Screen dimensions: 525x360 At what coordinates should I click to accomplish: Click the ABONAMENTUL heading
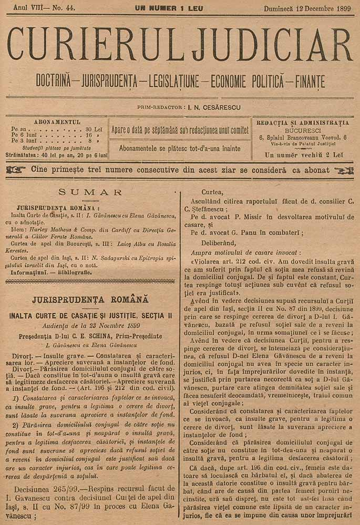57,122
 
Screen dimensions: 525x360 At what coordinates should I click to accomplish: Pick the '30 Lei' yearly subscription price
94,129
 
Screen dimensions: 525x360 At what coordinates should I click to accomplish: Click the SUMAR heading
90,192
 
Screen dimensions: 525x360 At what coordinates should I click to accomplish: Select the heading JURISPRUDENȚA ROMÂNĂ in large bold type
90,300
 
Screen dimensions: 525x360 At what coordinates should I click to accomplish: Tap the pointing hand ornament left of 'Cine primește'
16,170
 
